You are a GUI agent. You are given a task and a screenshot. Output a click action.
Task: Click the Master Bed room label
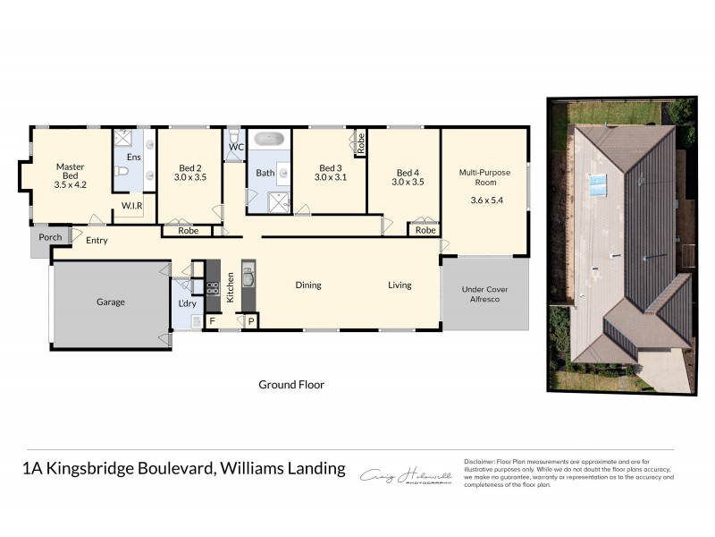(70, 166)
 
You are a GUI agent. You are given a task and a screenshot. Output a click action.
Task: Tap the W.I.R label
(132, 207)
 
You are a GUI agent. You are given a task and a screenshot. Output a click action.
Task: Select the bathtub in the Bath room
(269, 140)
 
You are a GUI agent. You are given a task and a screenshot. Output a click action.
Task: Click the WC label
(237, 146)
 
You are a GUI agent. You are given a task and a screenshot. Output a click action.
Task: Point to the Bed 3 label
(330, 168)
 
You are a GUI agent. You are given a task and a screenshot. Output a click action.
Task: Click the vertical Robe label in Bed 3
(361, 142)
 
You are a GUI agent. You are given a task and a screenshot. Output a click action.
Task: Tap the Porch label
(50, 237)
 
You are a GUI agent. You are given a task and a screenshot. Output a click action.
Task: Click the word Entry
(97, 240)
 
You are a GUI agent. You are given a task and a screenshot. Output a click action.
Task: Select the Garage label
(111, 303)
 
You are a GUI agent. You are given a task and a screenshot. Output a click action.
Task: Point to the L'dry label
(188, 303)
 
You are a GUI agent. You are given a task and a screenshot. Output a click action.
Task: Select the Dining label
(308, 286)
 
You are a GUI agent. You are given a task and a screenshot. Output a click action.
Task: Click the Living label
(400, 286)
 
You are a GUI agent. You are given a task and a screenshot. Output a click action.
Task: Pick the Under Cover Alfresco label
(484, 294)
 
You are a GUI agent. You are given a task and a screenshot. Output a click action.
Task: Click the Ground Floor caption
(291, 385)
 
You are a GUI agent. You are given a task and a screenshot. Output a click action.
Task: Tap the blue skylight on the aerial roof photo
(597, 183)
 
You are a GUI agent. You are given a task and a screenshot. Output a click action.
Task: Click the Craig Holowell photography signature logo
(406, 477)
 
